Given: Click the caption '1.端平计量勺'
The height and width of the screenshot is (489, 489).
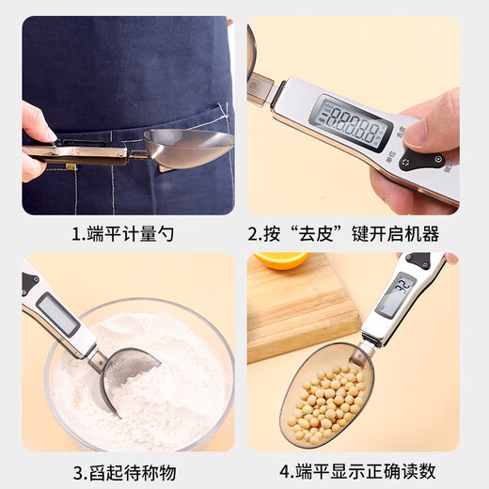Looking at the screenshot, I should click(122, 234).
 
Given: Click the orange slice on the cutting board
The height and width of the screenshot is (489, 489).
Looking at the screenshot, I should click(281, 260).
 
